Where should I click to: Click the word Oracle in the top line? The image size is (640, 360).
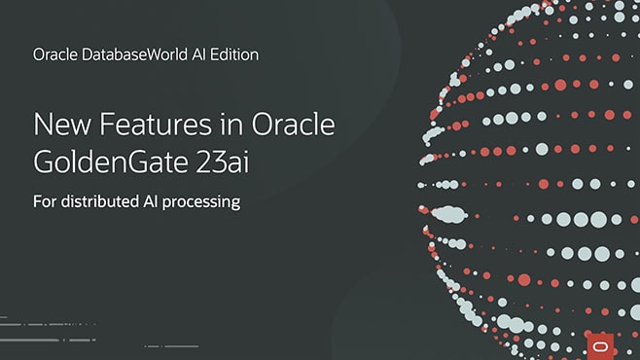pyautogui.click(x=53, y=54)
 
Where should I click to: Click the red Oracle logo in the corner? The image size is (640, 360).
pyautogui.click(x=599, y=341)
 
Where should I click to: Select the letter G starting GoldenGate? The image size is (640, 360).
pyautogui.click(x=45, y=162)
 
